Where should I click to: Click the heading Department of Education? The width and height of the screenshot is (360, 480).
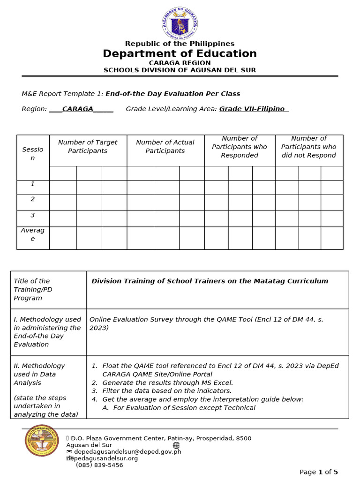point(180,54)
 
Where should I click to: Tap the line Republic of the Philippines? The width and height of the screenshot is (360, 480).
point(180,44)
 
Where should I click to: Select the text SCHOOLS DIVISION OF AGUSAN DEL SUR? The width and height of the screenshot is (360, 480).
point(180,70)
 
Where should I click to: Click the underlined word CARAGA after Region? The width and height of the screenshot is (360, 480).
point(78,109)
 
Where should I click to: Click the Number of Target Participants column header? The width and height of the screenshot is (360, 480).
point(88,147)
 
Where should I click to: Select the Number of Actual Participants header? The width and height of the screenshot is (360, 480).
point(165,147)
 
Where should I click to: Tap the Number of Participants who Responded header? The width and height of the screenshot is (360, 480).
point(240,147)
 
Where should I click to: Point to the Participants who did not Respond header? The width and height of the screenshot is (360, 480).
point(309,147)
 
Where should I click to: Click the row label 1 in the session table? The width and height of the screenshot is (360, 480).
point(33,184)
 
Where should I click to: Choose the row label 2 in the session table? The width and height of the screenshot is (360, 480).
point(33,199)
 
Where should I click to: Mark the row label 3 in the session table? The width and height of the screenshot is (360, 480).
point(33,215)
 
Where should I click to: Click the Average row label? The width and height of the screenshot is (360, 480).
point(33,234)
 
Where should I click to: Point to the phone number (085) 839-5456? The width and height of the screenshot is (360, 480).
point(99,465)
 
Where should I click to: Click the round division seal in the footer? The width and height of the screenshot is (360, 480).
point(42,440)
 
